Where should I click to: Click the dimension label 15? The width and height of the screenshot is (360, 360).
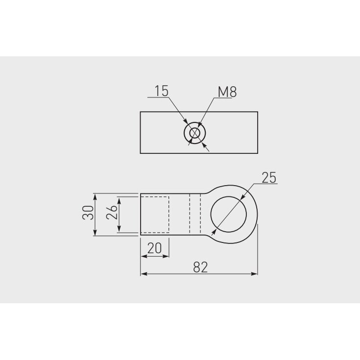[x=162, y=91]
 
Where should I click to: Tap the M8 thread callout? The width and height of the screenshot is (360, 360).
[x=227, y=92]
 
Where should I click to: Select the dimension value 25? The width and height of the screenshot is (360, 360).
[x=269, y=177]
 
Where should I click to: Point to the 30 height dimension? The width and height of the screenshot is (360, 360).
[x=88, y=213]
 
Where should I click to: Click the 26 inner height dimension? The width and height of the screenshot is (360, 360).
[x=112, y=212]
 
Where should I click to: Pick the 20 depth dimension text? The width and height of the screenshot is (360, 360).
[x=154, y=248]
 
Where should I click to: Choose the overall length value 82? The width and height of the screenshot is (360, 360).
[x=200, y=267]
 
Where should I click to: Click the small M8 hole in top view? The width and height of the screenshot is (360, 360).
[x=195, y=133]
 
